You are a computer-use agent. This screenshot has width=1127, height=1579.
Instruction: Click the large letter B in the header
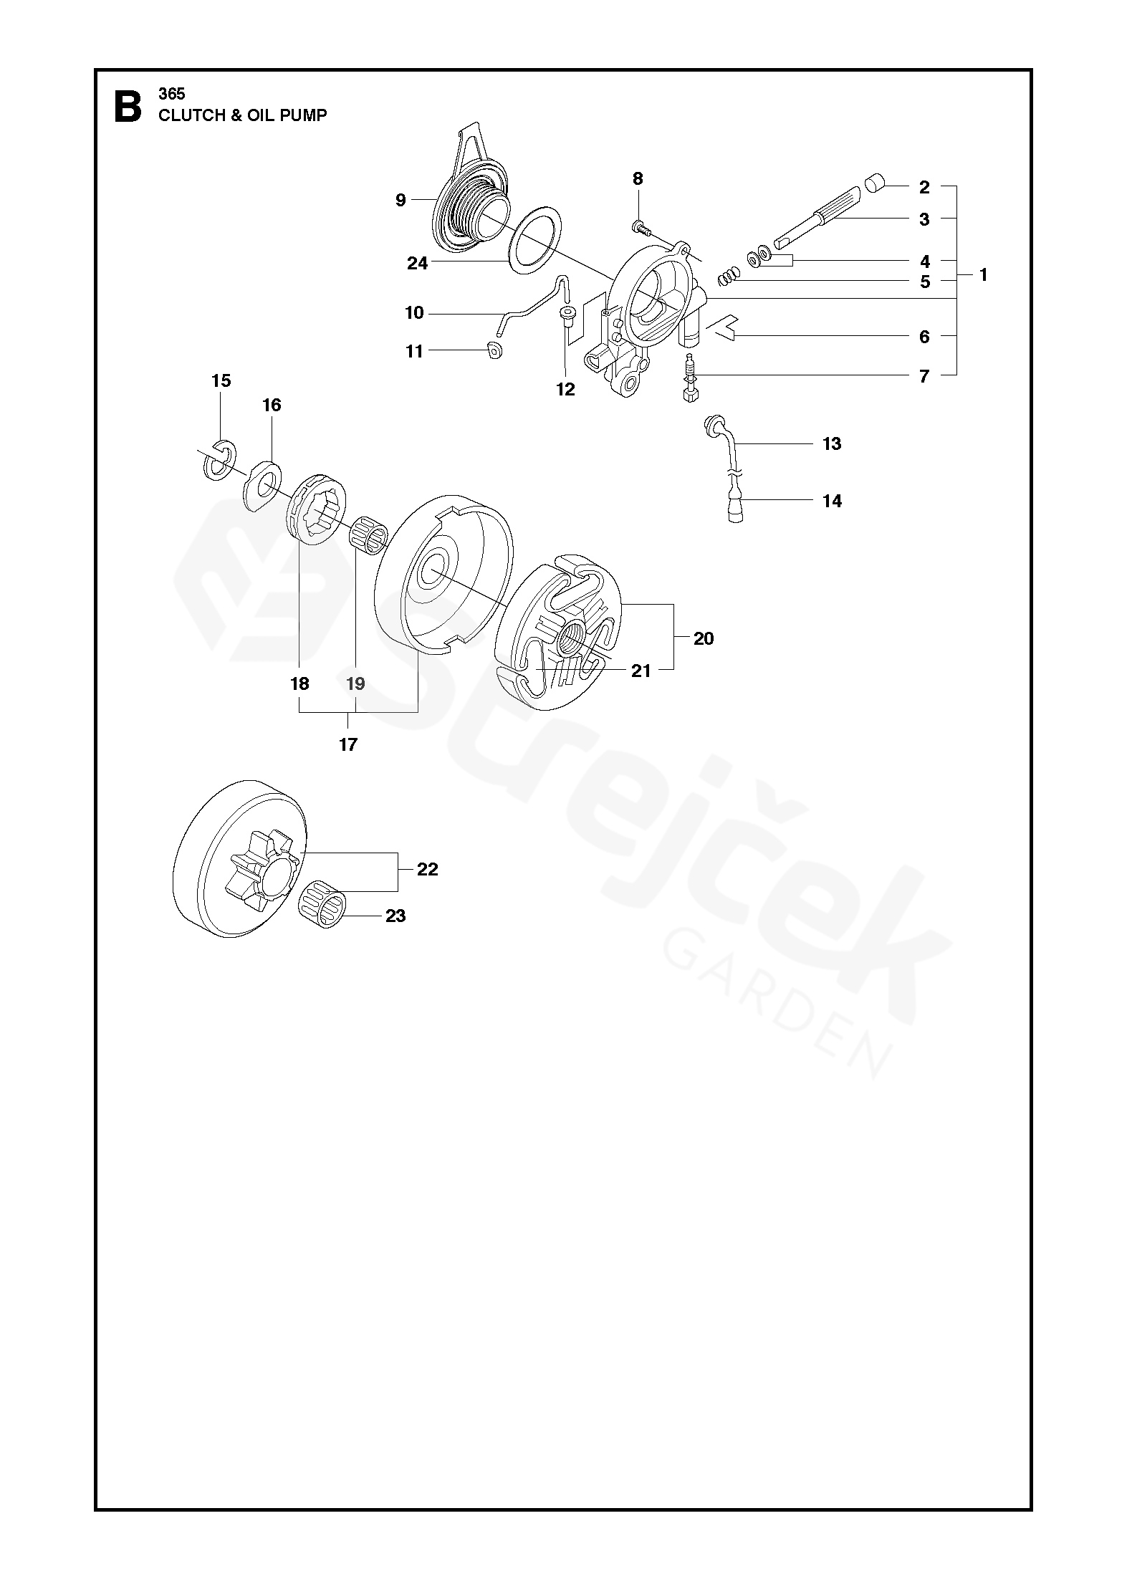coord(128,107)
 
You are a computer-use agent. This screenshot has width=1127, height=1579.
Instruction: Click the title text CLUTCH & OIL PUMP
coord(243,115)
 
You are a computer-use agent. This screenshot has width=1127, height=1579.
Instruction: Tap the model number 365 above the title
coord(172,94)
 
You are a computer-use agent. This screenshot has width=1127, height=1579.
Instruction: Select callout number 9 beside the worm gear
coord(401,200)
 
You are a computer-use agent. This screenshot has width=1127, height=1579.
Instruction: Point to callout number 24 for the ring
coord(417,264)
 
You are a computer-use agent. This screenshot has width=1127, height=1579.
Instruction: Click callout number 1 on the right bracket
coord(983,274)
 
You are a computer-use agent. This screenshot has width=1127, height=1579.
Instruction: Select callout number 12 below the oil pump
coord(565,389)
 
